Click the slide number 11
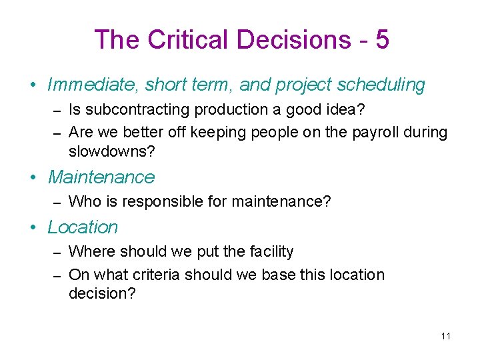445,335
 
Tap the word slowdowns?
111,151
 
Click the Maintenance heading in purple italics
101,177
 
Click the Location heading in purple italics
83,227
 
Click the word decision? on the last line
102,294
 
